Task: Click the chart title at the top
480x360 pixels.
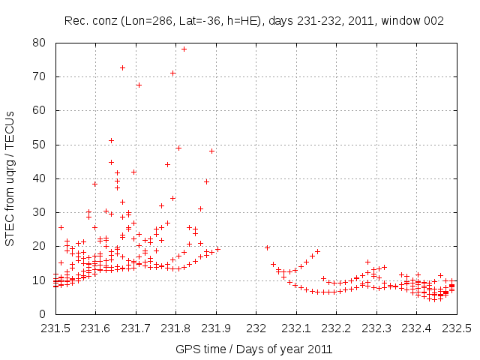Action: click(x=253, y=20)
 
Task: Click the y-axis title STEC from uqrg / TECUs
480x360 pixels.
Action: click(x=10, y=178)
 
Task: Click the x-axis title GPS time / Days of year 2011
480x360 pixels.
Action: click(x=253, y=349)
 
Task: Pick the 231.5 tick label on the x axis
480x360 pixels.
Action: click(x=55, y=328)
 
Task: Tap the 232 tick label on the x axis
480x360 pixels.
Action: click(x=256, y=328)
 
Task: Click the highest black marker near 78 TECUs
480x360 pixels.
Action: click(x=184, y=49)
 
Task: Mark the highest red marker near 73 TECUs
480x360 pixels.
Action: click(x=122, y=67)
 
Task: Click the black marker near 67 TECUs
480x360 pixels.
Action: click(x=139, y=85)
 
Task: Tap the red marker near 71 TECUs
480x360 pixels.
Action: click(x=173, y=73)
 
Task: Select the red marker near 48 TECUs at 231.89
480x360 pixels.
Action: click(x=212, y=151)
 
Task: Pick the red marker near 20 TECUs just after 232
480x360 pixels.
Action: click(x=267, y=247)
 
